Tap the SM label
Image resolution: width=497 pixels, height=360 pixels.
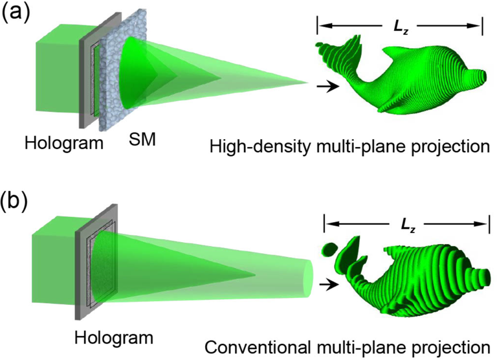tap(142, 139)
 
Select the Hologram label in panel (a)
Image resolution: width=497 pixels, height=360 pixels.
tap(64, 143)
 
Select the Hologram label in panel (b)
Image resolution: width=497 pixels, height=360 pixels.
tap(114, 337)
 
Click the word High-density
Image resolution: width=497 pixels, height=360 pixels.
tap(260, 147)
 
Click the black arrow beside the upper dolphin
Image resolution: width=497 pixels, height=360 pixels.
tap(327, 86)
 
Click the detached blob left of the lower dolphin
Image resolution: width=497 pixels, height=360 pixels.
tap(329, 249)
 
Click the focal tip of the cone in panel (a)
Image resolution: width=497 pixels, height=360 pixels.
tap(308, 83)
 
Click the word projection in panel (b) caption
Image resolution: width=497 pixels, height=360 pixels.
tap(450, 348)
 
